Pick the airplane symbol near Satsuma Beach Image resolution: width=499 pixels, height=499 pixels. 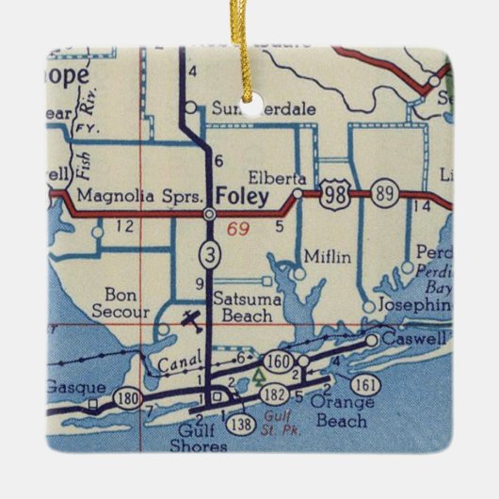[x=192, y=321]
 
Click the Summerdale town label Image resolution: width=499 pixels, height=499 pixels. [x=249, y=108]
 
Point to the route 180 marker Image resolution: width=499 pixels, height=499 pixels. [x=128, y=397]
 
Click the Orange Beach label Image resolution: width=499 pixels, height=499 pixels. [x=341, y=412]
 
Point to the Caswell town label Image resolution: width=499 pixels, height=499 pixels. [x=416, y=337]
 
